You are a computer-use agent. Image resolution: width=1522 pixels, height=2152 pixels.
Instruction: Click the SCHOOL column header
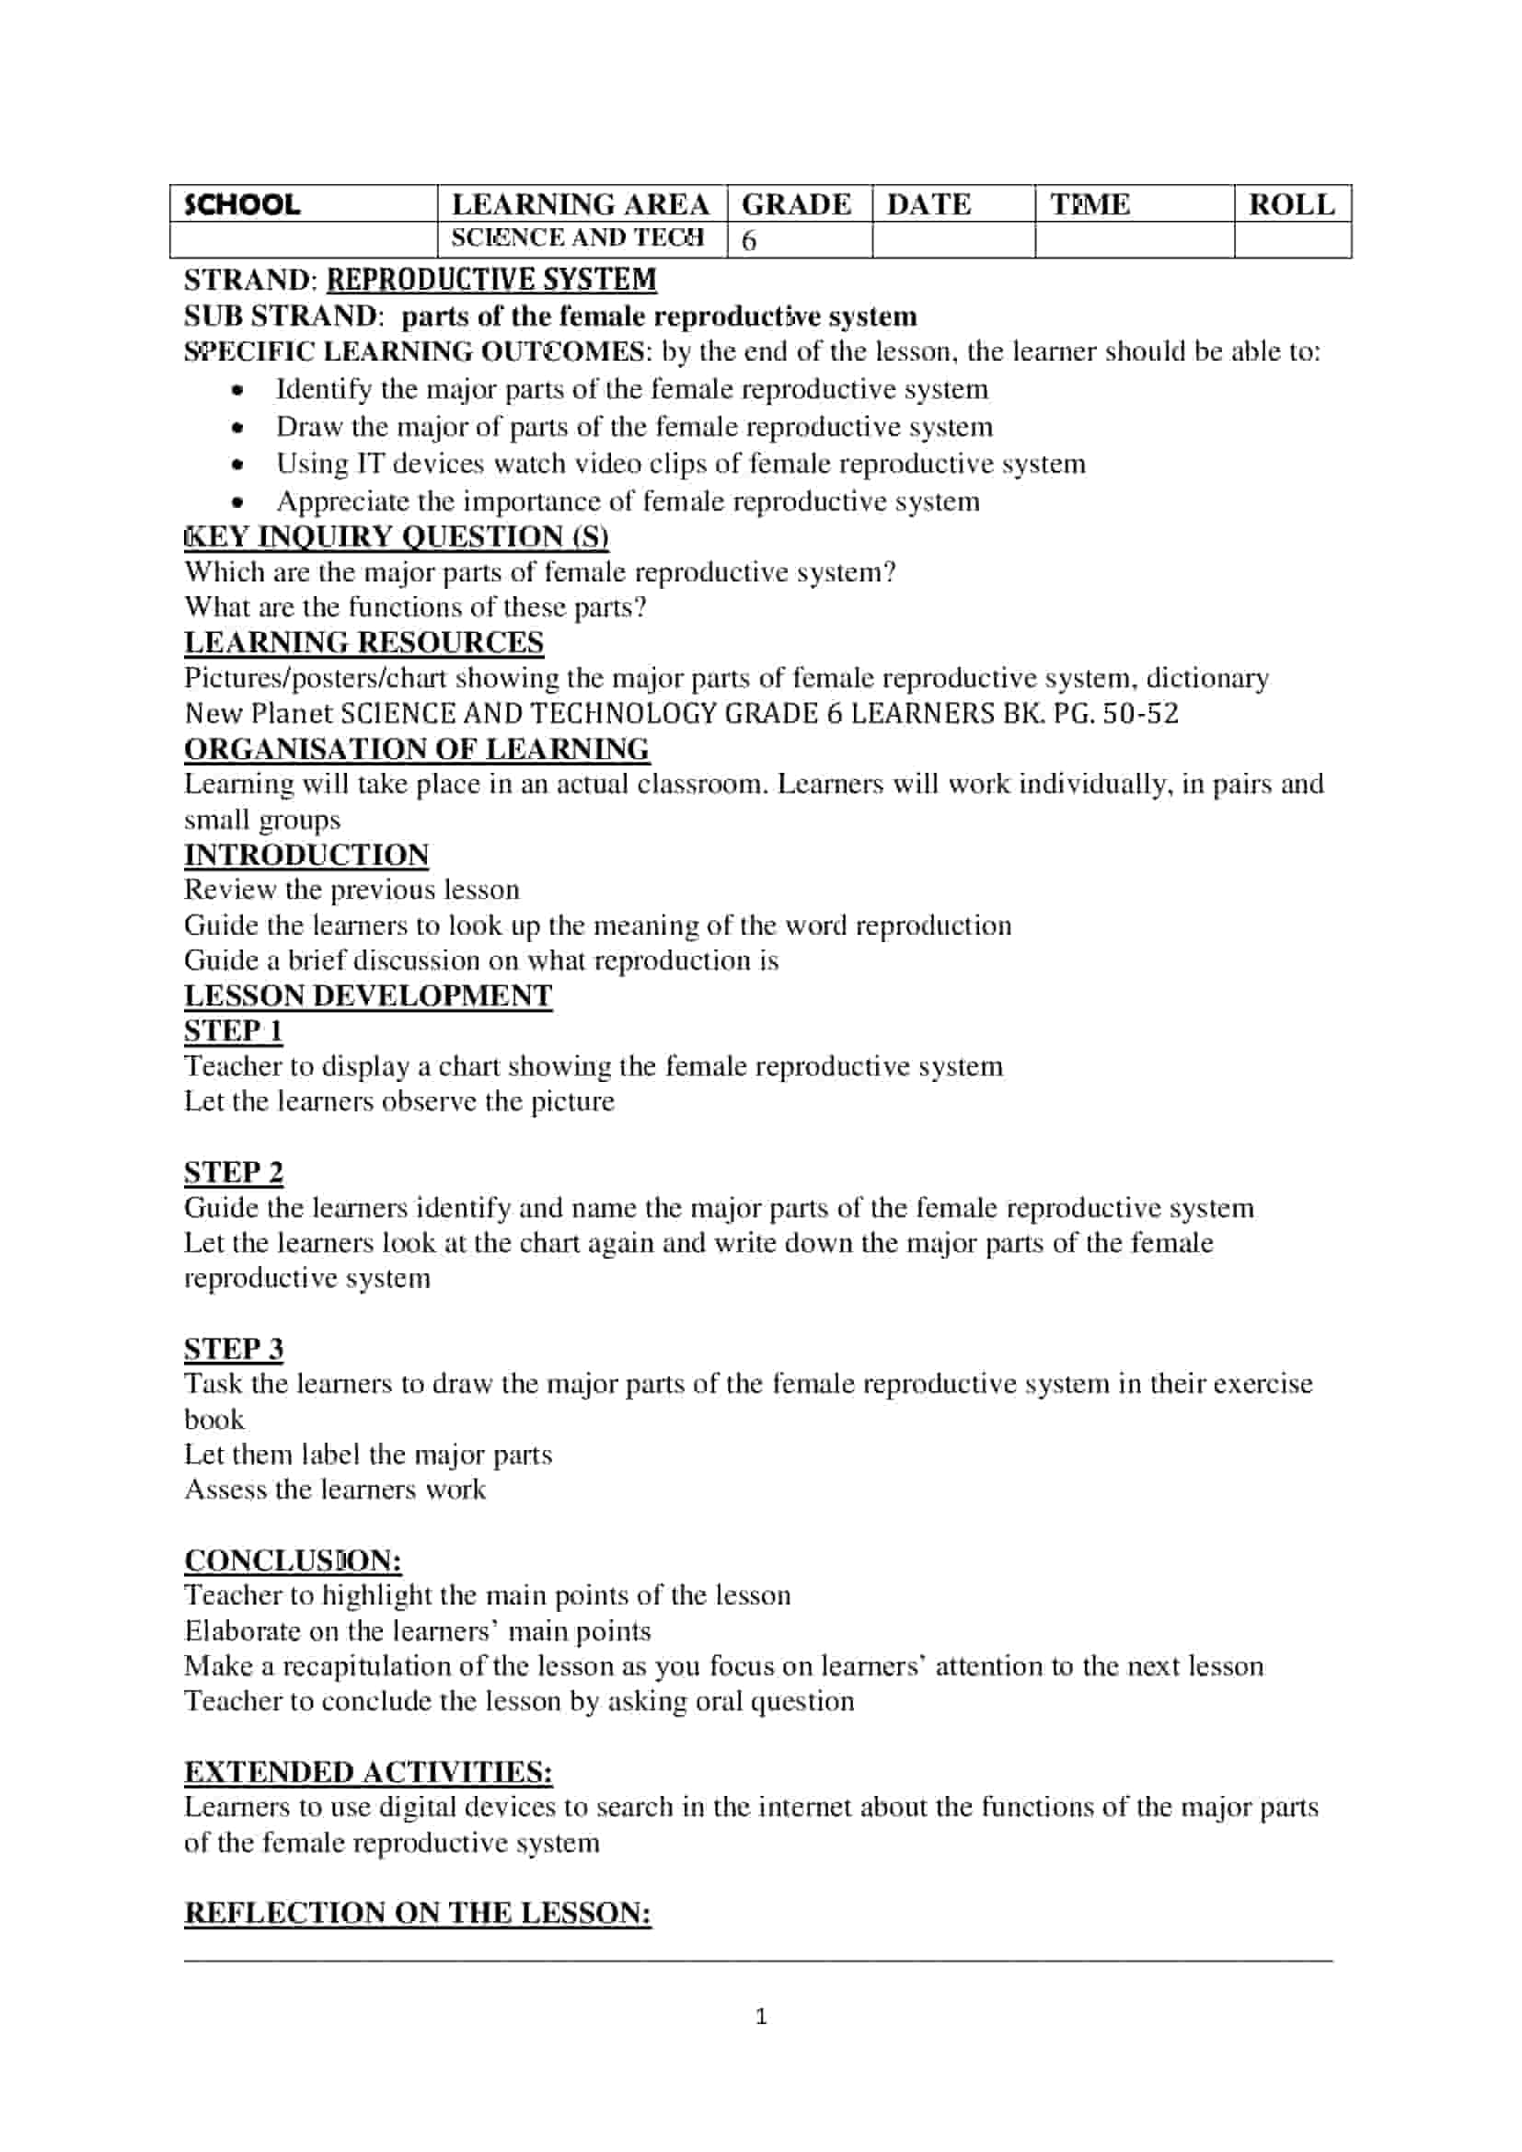click(243, 205)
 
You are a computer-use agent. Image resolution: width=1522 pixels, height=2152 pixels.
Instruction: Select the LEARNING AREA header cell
click(580, 204)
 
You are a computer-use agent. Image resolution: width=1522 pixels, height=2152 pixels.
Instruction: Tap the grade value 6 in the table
click(749, 241)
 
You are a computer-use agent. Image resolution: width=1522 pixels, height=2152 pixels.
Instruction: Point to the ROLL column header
click(1290, 204)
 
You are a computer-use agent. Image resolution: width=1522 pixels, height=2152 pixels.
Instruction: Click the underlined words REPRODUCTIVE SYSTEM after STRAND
click(491, 280)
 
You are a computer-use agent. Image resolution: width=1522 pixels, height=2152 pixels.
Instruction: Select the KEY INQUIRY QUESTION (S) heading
click(397, 537)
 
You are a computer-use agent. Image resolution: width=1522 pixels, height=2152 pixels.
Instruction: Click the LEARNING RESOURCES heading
click(363, 643)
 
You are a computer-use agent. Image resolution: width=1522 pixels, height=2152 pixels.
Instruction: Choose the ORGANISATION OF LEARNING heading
click(416, 750)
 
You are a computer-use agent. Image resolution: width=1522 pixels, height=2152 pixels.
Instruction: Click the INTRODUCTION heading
click(306, 855)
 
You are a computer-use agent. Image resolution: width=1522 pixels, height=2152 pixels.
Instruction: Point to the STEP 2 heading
click(234, 1172)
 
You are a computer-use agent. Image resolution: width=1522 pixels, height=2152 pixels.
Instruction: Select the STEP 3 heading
click(234, 1349)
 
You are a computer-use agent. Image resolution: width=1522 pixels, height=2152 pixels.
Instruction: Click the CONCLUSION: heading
click(294, 1560)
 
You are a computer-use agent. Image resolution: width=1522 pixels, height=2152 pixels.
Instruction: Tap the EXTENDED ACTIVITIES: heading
click(368, 1772)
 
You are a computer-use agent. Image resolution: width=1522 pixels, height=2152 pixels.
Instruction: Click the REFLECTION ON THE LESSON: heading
click(417, 1913)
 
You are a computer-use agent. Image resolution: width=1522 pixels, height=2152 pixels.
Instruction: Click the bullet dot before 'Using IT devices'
click(239, 465)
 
